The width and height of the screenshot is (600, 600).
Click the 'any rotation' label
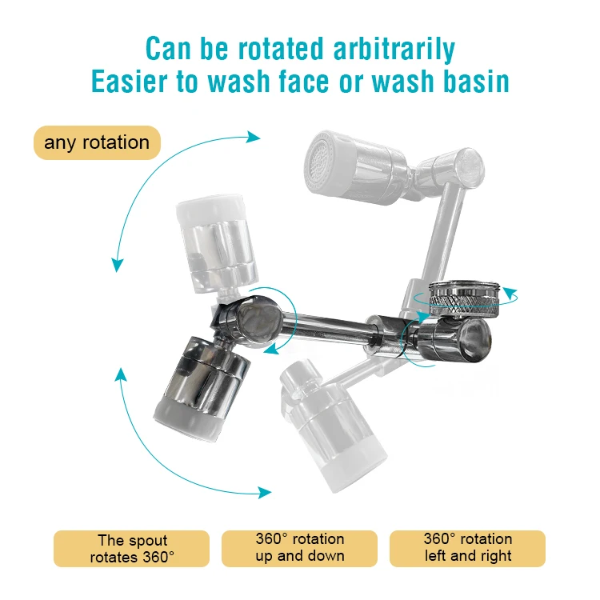coord(97,143)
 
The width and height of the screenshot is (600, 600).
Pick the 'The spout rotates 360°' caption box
coord(131,549)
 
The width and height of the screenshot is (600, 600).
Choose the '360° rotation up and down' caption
coord(300,548)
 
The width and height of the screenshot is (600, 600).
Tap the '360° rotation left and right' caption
coord(467,548)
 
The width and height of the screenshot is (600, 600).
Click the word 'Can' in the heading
coord(170,49)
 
